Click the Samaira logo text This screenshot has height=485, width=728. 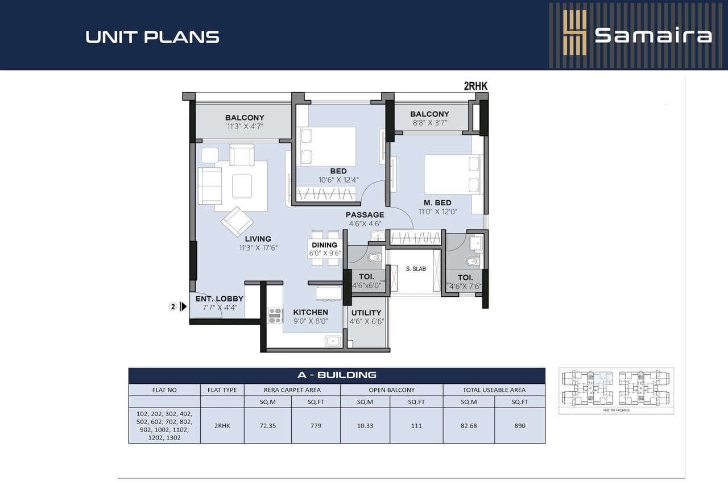(653, 35)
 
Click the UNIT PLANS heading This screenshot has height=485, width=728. (152, 37)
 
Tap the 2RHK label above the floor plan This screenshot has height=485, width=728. (475, 86)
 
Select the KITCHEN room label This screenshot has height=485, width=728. (310, 312)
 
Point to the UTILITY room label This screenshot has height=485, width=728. (366, 313)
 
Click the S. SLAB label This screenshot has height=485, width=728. (416, 269)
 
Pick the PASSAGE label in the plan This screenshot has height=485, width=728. (365, 214)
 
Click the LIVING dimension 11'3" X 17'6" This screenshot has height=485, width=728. (258, 247)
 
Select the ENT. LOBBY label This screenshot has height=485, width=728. (220, 299)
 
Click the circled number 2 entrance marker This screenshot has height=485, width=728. (173, 306)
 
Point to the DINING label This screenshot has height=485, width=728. (324, 245)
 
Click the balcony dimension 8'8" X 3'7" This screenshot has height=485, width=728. (429, 123)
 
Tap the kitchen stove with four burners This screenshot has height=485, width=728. (275, 316)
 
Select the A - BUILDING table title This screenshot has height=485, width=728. (337, 375)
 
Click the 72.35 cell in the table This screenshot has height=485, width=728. (267, 425)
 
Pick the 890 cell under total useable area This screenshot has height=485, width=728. (519, 425)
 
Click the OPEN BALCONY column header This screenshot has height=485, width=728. (391, 390)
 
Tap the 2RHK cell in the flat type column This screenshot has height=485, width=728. (222, 425)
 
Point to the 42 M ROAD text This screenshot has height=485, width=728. (616, 409)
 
